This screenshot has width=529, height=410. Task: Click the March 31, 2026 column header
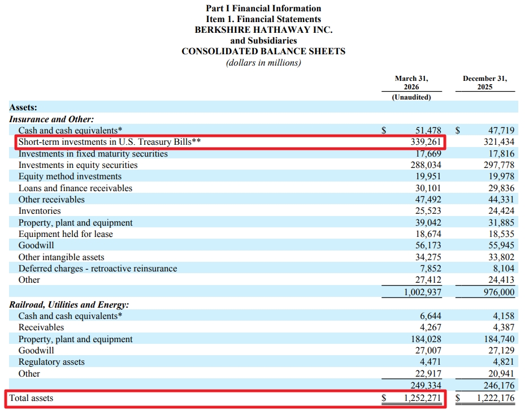click(x=411, y=83)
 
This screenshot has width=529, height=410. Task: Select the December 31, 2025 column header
click(x=485, y=83)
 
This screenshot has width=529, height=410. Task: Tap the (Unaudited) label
click(x=411, y=97)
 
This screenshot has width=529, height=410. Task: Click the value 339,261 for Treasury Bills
click(x=426, y=142)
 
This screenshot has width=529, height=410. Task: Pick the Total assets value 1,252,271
click(x=422, y=398)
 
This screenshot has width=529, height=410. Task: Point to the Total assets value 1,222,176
click(x=496, y=398)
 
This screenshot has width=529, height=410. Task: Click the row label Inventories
click(x=40, y=211)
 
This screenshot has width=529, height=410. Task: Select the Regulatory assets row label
click(x=51, y=362)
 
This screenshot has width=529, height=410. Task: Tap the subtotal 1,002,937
click(x=422, y=292)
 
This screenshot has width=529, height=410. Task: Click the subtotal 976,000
click(x=499, y=292)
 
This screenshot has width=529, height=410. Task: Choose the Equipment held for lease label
click(x=66, y=234)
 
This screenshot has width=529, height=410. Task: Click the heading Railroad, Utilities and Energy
click(x=69, y=305)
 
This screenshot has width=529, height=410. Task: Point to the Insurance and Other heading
click(x=51, y=119)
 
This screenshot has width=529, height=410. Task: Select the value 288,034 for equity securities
click(x=426, y=165)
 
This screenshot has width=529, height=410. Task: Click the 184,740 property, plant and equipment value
click(x=499, y=339)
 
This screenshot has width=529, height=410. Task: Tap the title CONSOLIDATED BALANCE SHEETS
click(x=263, y=51)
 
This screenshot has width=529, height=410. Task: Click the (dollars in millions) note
click(x=263, y=63)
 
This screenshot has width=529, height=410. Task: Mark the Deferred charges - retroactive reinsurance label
click(x=98, y=269)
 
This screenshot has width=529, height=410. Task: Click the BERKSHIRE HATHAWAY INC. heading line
click(x=263, y=30)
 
